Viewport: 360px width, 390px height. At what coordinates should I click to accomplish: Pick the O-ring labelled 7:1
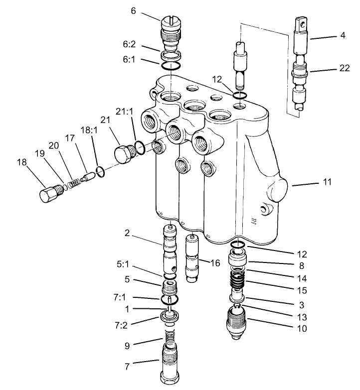170,299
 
